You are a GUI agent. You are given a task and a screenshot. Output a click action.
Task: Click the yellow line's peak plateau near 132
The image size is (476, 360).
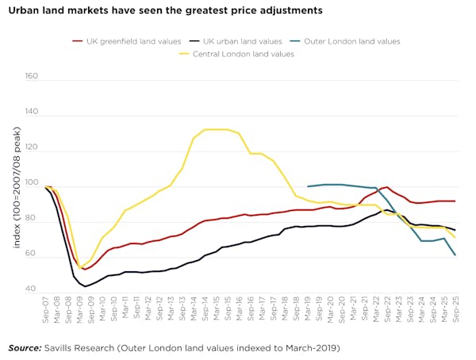(216, 129)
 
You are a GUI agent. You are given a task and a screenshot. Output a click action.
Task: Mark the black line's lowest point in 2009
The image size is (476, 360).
(83, 285)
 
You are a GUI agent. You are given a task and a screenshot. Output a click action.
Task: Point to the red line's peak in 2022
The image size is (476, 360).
(386, 187)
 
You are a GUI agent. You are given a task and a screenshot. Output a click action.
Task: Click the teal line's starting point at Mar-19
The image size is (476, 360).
(308, 186)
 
